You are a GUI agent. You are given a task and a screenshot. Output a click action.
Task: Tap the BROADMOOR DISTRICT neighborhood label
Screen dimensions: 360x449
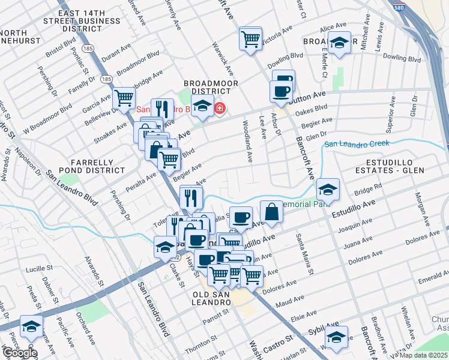tap(211, 88)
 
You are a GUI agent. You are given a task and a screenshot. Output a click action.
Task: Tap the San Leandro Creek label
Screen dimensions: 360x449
tap(357, 143)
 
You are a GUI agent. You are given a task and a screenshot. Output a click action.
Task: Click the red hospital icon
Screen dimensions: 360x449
tap(220, 108)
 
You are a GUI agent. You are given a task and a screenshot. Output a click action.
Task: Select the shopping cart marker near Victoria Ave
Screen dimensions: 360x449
tap(250, 39)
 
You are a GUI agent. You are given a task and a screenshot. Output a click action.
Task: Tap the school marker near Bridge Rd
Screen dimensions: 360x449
tap(328, 190)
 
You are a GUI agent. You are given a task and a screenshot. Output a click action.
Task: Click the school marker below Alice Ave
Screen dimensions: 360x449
tap(339, 43)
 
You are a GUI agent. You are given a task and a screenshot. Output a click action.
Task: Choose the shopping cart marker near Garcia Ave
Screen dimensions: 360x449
tap(124, 97)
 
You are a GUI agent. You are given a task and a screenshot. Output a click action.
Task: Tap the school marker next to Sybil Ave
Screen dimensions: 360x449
tap(337, 337)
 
